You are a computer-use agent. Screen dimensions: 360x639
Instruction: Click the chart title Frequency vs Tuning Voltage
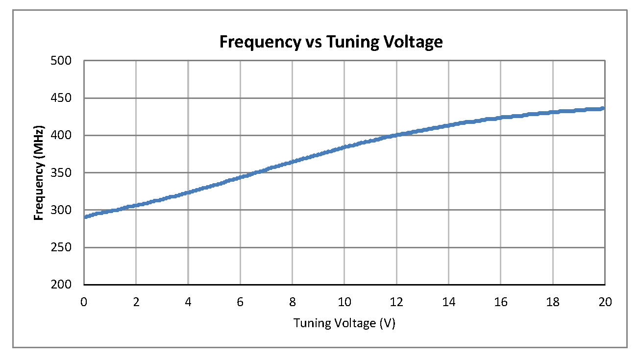(x=331, y=42)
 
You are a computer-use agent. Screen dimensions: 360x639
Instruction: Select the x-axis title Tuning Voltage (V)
(x=344, y=323)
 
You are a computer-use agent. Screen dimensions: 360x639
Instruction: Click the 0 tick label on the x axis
(x=84, y=302)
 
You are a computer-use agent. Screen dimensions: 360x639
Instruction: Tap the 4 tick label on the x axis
(x=188, y=302)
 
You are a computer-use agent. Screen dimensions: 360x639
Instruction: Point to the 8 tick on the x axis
(x=293, y=302)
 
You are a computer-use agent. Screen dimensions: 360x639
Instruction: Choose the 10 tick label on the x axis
(x=344, y=302)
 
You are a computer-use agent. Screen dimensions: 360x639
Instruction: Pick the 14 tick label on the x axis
(x=448, y=302)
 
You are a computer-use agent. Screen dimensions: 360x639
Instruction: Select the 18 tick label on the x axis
(x=553, y=302)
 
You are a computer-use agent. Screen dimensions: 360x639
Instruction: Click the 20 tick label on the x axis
(x=605, y=302)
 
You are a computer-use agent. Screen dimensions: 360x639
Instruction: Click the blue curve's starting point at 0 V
(x=85, y=216)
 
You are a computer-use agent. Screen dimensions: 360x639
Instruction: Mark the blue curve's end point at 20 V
(x=603, y=108)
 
